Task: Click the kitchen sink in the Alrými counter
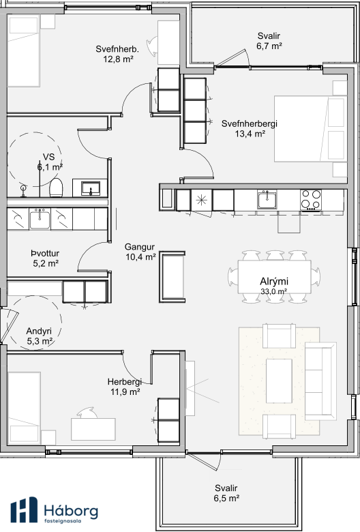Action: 267,200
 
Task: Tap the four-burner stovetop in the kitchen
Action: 311,200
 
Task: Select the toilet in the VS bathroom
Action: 57,188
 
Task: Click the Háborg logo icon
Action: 24,509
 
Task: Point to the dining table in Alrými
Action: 274,277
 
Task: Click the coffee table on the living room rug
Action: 279,381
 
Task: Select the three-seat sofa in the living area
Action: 320,381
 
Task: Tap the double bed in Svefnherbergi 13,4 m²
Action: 310,129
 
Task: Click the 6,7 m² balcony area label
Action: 269,46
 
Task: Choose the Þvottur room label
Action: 45,254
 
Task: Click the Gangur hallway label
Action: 140,247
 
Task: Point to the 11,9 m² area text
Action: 125,392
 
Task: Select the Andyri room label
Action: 39,331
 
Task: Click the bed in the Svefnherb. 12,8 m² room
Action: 23,51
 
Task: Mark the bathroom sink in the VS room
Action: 90,188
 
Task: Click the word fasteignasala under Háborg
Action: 63,521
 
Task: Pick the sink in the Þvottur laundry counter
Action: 40,219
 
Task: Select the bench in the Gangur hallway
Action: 172,277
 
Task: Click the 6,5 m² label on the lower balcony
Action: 226,499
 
